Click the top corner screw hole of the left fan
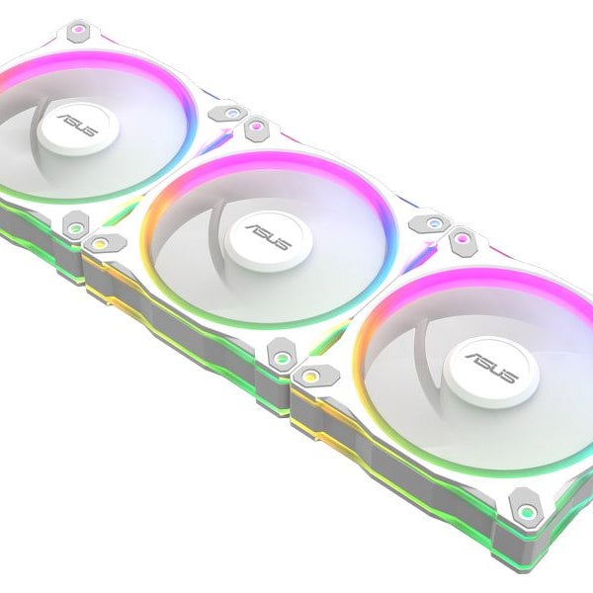[79, 33]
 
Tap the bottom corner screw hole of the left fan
[74, 226]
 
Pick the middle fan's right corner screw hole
[432, 223]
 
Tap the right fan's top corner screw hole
[462, 238]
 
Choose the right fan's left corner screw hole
[307, 375]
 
